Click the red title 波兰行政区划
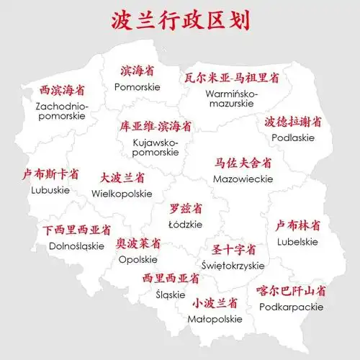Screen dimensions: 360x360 point(180,20)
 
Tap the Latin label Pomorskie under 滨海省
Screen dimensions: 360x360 point(137,86)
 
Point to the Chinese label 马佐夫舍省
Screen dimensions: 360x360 point(243,162)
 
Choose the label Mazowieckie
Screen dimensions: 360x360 point(243,177)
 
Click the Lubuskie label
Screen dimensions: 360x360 point(50,190)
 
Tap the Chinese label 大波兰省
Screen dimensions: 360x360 point(122,177)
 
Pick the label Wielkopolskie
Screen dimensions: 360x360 point(122,194)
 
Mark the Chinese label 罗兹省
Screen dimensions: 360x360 point(186,209)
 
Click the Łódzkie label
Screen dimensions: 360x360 point(186,225)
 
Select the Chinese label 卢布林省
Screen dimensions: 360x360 point(297,225)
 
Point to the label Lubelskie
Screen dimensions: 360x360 point(297,242)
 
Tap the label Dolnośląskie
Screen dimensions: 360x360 point(76,246)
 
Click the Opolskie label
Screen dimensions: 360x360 point(138,259)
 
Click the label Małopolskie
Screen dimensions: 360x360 point(215,318)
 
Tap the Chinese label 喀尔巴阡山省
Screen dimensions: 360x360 point(291,291)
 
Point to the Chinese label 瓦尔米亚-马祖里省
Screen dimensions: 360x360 point(230,77)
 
